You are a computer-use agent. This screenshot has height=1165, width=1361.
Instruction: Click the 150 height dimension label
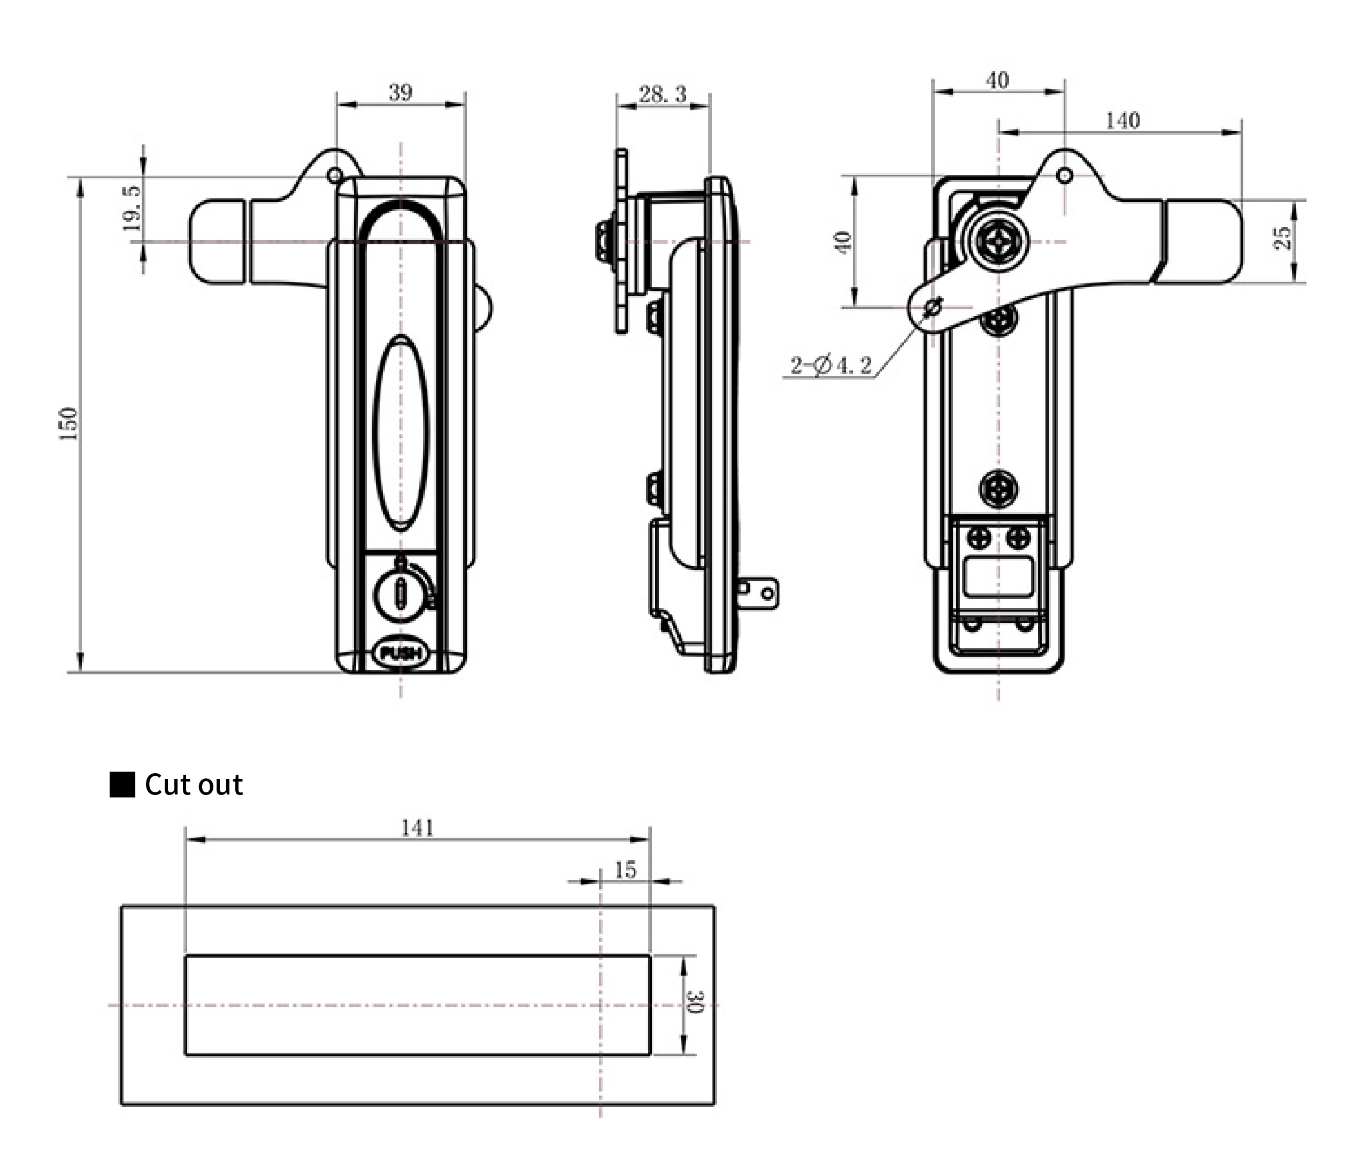[x=70, y=423]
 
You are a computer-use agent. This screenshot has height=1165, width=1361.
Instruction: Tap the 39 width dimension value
[x=401, y=92]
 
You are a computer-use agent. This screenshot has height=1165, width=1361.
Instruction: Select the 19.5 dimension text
[x=132, y=207]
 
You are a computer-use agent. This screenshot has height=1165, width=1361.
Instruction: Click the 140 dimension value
[x=1122, y=121]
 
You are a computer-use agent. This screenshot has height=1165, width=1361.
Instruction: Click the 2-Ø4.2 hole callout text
[x=831, y=365]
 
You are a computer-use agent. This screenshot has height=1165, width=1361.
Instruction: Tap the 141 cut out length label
[x=418, y=828]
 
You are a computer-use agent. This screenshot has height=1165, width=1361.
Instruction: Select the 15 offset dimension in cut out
[x=625, y=870]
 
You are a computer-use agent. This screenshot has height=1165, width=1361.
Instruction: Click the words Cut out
[x=194, y=785]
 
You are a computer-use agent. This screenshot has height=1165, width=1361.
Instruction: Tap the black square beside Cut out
[x=122, y=785]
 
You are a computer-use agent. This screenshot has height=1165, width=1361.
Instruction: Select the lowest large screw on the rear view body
[x=999, y=489]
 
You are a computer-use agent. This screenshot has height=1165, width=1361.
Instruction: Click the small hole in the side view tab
[x=766, y=593]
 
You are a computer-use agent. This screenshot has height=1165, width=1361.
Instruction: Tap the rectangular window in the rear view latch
[x=998, y=576]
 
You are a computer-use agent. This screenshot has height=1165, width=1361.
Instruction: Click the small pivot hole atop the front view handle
[x=334, y=175]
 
